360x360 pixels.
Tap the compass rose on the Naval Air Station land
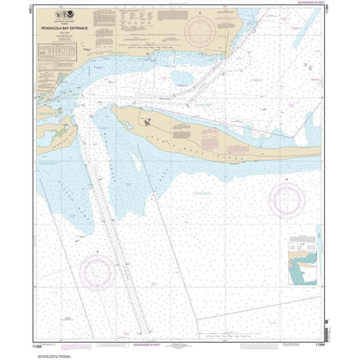201,29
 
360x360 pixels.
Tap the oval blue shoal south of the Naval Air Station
182,77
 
